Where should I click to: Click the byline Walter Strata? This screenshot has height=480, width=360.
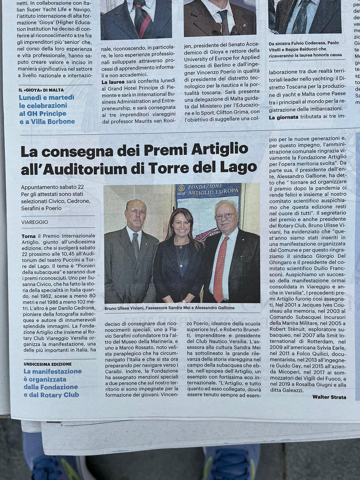pos(329,397)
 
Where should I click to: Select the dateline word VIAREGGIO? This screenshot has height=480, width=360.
pos(35,222)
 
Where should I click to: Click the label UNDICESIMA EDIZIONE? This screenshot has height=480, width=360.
pos(47,364)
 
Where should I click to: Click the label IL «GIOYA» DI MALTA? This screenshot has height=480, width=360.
pos(41,90)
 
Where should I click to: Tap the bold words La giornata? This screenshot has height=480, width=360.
pos(283,117)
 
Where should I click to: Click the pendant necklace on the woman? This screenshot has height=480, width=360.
pos(181,265)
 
